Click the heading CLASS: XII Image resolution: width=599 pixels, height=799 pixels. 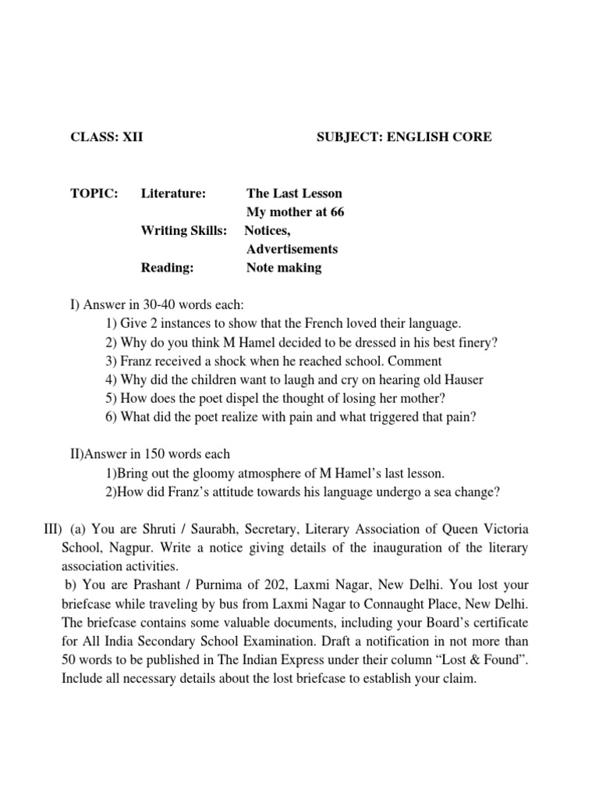point(107,137)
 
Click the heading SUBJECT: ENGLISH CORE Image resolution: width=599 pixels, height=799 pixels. point(404,137)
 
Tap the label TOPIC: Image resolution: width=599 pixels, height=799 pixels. point(94,193)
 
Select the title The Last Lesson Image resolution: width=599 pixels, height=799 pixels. point(294,193)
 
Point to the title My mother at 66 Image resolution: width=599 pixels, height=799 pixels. point(295,211)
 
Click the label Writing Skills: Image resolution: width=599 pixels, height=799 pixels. point(184,230)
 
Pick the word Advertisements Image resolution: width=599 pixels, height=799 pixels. point(292,249)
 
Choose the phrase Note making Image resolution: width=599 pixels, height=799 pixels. point(283,268)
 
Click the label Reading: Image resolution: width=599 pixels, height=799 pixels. point(167,268)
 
